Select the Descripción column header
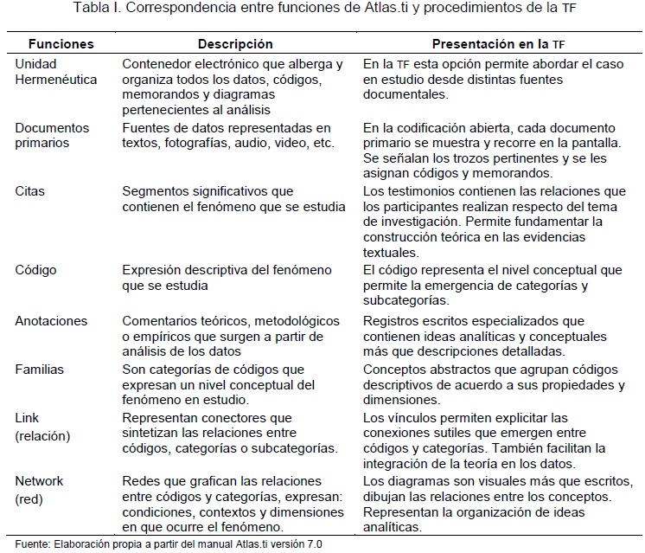pos(235,43)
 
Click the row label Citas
pos(30,190)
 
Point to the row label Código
pos(36,270)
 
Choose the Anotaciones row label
pos(51,320)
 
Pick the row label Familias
pos(40,370)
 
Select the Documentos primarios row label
pos(52,135)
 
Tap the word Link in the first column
pos(28,418)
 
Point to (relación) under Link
pos(43,435)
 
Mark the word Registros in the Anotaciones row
pos(390,320)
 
